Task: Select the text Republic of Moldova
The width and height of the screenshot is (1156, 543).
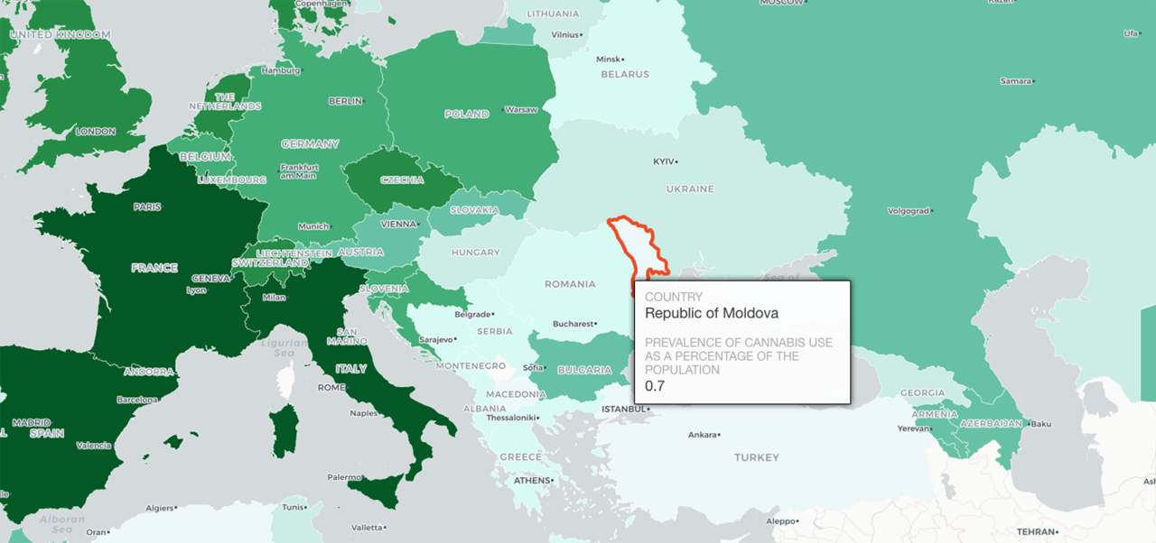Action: click(x=712, y=313)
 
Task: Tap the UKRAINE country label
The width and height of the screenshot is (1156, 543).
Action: click(x=689, y=189)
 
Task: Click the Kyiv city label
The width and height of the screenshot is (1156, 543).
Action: click(x=664, y=161)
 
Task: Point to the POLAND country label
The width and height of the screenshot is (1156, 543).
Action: click(x=466, y=115)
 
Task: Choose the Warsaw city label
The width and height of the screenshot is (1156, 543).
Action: click(x=520, y=110)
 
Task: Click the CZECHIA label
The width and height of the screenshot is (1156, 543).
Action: click(x=402, y=179)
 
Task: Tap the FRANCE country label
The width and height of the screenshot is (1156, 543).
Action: click(x=154, y=268)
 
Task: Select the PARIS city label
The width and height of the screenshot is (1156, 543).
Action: click(x=147, y=207)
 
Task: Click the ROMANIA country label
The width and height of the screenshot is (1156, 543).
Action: click(x=570, y=284)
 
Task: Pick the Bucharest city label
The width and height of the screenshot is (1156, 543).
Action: click(x=573, y=323)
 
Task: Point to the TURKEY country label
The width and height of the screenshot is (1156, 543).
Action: click(x=756, y=457)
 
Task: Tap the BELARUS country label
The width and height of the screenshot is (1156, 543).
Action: click(x=624, y=75)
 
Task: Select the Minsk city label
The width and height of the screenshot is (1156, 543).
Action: click(x=608, y=60)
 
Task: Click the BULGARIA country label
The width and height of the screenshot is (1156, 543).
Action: click(x=584, y=370)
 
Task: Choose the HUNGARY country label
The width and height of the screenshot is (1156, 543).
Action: click(x=475, y=253)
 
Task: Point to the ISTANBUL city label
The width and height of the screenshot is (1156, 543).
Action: click(x=623, y=409)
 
